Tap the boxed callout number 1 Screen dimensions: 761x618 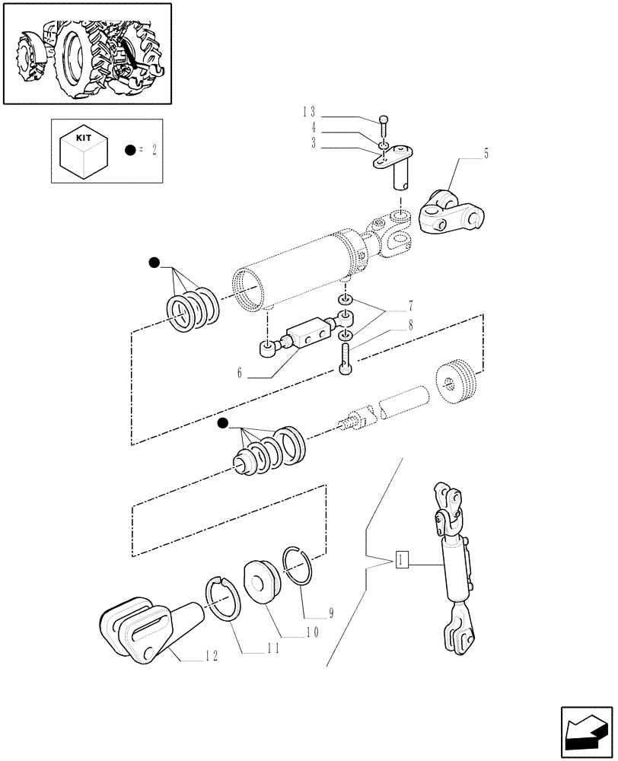coord(403,562)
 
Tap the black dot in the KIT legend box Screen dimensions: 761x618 coord(131,151)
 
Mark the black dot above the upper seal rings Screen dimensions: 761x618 coord(154,263)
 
